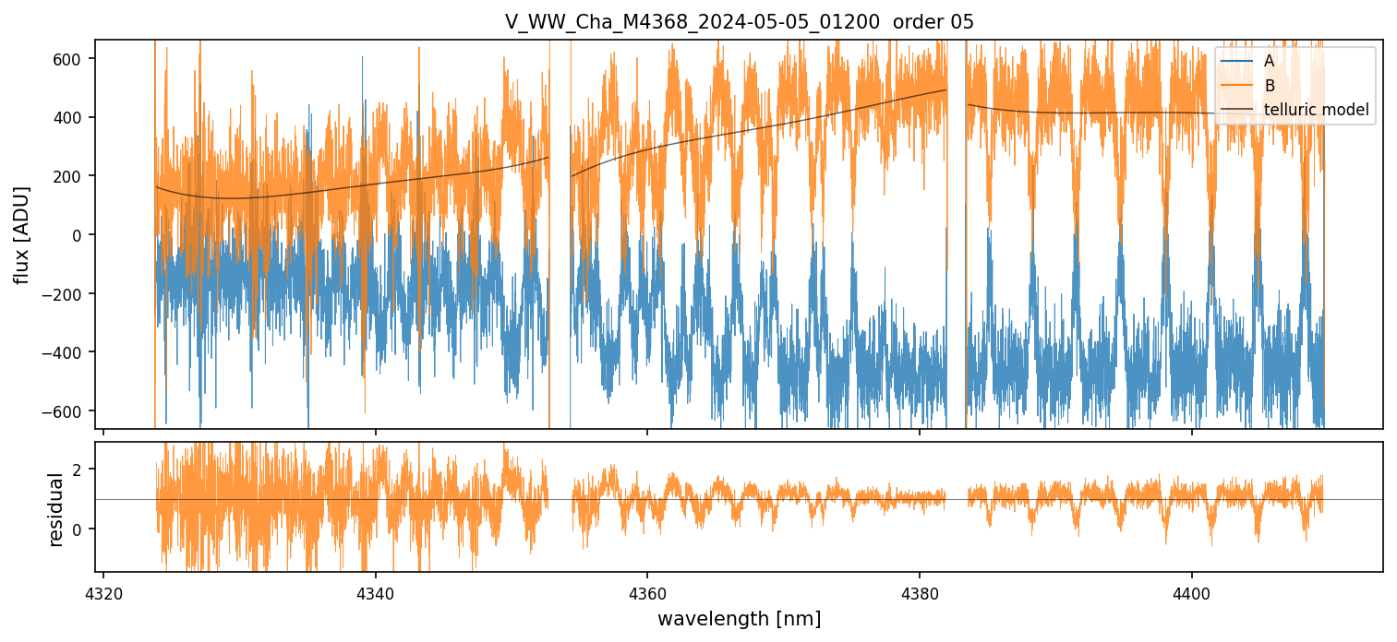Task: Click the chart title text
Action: pos(739,22)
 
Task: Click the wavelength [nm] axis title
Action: pos(739,618)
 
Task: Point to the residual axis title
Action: pos(55,509)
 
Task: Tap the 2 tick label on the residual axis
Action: pos(78,470)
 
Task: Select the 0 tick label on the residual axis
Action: pos(78,529)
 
